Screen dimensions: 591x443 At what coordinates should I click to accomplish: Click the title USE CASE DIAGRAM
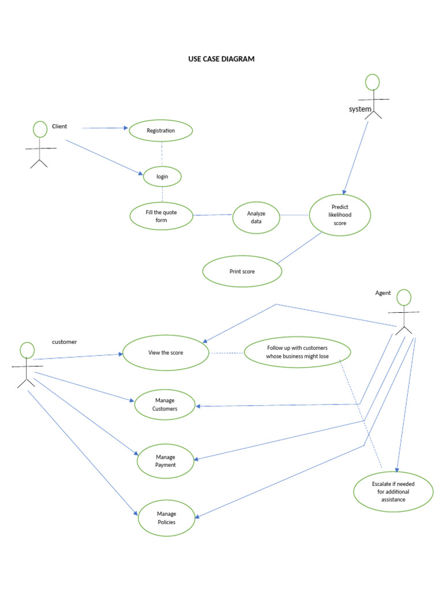tap(221, 59)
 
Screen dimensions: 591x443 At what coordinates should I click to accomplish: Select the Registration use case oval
tap(161, 130)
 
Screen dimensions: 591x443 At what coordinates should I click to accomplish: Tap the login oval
tap(162, 176)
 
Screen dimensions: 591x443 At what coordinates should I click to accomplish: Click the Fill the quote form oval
tap(162, 216)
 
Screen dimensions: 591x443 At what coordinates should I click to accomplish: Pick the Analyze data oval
tap(256, 218)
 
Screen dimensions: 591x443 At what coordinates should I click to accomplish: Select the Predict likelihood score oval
tap(340, 215)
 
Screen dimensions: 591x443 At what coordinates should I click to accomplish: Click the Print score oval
tap(242, 271)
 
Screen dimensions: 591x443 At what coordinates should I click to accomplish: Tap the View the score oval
tap(166, 353)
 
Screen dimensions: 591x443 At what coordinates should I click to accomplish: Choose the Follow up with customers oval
tap(297, 352)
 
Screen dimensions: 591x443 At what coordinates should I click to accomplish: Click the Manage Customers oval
tap(165, 405)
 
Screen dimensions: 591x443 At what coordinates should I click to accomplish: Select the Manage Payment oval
tap(166, 461)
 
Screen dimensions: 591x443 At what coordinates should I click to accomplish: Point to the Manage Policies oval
tap(166, 518)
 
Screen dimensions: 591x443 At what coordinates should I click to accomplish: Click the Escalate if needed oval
tap(393, 492)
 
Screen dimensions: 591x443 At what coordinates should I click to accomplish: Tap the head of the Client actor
tap(40, 129)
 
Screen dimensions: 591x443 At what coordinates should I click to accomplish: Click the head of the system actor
tap(373, 82)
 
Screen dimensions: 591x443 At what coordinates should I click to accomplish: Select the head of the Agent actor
tap(404, 298)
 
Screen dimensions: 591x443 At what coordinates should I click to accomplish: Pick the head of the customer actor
tap(27, 350)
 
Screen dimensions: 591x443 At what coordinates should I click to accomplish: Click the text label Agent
tap(383, 293)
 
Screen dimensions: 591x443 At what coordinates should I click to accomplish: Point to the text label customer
tap(64, 342)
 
